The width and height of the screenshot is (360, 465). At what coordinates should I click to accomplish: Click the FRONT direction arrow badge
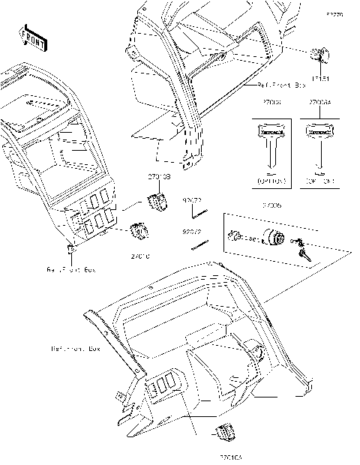pos(32,34)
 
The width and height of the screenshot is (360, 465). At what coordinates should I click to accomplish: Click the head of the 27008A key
pos(318,130)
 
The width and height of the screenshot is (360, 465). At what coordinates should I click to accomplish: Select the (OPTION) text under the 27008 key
pos(273,181)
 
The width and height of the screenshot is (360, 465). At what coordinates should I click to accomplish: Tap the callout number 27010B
pos(158,176)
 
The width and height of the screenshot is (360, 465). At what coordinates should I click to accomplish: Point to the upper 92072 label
pos(193,200)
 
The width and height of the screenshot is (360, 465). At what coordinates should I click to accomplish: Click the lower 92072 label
pos(193,232)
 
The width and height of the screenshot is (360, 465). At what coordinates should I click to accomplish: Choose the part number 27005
pos(272,203)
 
